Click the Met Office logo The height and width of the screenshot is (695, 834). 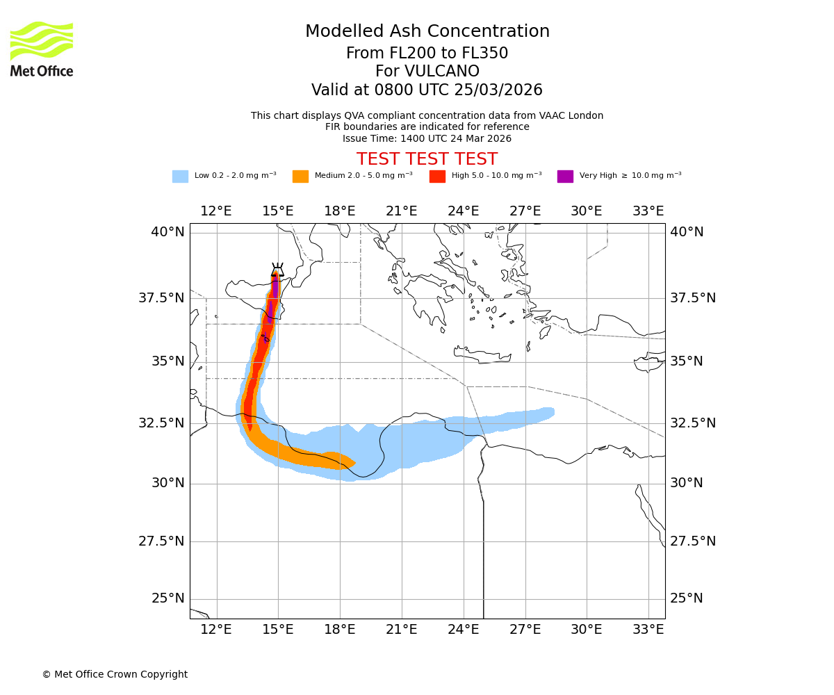pyautogui.click(x=42, y=49)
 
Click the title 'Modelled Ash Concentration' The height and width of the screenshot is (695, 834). pyautogui.click(x=427, y=31)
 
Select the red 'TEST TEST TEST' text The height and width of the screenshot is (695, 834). pyautogui.click(x=427, y=159)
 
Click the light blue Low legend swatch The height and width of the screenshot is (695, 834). pyautogui.click(x=180, y=176)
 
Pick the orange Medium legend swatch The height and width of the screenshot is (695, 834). pyautogui.click(x=300, y=176)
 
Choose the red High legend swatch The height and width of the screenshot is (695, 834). pyautogui.click(x=437, y=176)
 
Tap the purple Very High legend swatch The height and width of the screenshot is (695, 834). pyautogui.click(x=565, y=176)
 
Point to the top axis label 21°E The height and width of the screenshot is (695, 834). pyautogui.click(x=402, y=211)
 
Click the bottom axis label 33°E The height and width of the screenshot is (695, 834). pyautogui.click(x=648, y=630)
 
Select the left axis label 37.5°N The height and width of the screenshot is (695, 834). pyautogui.click(x=161, y=298)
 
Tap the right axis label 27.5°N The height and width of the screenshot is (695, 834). pyautogui.click(x=692, y=541)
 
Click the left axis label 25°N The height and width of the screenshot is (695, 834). pyautogui.click(x=168, y=598)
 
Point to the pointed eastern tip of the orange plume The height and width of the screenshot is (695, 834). pyautogui.click(x=354, y=462)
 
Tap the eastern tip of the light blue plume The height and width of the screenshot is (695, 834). pyautogui.click(x=553, y=413)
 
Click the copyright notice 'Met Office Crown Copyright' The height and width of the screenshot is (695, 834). pyautogui.click(x=115, y=674)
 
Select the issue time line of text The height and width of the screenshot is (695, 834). pyautogui.click(x=427, y=138)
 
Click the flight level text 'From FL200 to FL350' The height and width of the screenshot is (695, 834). pyautogui.click(x=427, y=54)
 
